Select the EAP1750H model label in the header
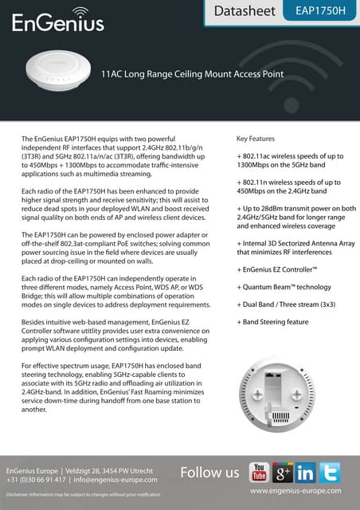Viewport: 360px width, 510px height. coord(327,12)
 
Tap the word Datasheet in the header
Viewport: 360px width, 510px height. coord(242,12)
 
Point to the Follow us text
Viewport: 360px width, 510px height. coord(209,473)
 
